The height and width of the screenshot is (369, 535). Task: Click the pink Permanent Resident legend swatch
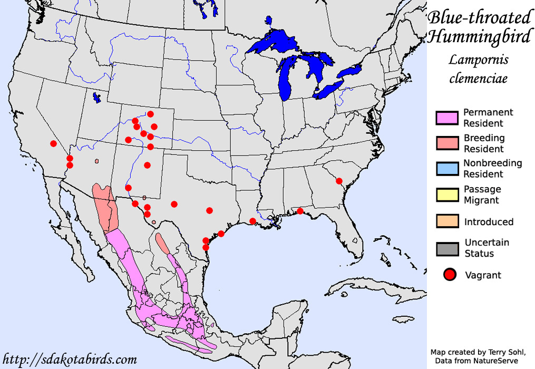click(x=447, y=118)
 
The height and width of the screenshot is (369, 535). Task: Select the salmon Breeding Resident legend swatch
click(x=447, y=143)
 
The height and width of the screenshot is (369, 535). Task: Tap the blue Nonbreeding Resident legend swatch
click(x=447, y=169)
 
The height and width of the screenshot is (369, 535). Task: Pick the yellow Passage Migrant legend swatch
click(x=447, y=195)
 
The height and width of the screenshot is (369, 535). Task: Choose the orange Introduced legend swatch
click(x=447, y=221)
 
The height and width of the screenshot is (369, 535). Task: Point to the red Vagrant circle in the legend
click(x=450, y=275)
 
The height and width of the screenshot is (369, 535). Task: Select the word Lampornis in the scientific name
click(x=479, y=60)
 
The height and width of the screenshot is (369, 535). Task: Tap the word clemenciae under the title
click(x=479, y=79)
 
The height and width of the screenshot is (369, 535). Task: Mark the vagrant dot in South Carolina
click(x=339, y=181)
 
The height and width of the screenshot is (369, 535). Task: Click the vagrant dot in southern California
click(x=53, y=143)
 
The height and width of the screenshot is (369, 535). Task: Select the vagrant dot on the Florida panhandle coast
click(x=300, y=211)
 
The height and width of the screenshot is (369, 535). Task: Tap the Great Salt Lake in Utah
click(x=96, y=98)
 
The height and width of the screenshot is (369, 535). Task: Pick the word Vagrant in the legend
click(x=483, y=275)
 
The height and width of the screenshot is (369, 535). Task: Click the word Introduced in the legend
click(x=489, y=222)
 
